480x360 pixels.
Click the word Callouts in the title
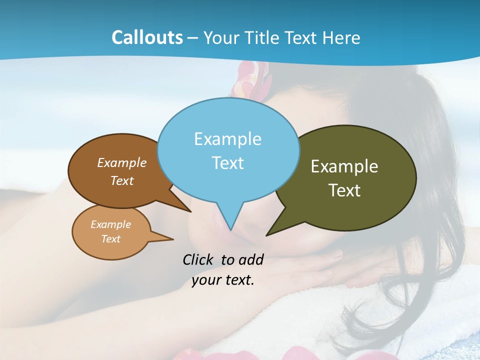147,37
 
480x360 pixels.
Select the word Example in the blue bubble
227,139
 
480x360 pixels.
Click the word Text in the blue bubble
227,163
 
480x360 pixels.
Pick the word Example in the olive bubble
344,166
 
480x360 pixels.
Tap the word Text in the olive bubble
344,190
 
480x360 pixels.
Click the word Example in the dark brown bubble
122,163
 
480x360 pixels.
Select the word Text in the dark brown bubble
122,181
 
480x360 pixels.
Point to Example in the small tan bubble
110,224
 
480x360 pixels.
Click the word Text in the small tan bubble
110,239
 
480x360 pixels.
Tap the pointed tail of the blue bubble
230,225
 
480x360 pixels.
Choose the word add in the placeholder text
250,259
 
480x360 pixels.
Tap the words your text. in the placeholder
223,280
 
